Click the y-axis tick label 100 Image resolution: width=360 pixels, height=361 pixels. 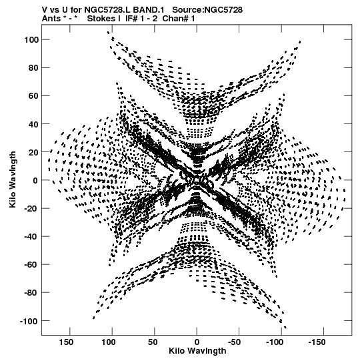pyautogui.click(x=31, y=40)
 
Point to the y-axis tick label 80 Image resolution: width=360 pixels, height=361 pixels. pyautogui.click(x=33, y=68)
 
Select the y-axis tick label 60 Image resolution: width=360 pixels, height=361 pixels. pyautogui.click(x=33, y=96)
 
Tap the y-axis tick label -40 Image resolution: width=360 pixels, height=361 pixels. pyautogui.click(x=31, y=236)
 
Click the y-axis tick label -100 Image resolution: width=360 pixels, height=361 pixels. pyautogui.click(x=29, y=321)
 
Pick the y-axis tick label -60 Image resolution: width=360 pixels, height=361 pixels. pyautogui.click(x=31, y=265)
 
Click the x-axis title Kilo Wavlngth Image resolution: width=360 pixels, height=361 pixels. pyautogui.click(x=197, y=351)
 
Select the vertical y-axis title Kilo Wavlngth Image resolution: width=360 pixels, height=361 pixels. pyautogui.click(x=13, y=179)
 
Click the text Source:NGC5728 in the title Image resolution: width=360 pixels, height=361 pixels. pyautogui.click(x=207, y=9)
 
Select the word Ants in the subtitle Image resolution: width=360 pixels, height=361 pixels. pyautogui.click(x=51, y=19)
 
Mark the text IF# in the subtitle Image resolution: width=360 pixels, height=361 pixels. pyautogui.click(x=132, y=19)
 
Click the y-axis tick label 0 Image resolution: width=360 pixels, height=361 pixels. pyautogui.click(x=35, y=180)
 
